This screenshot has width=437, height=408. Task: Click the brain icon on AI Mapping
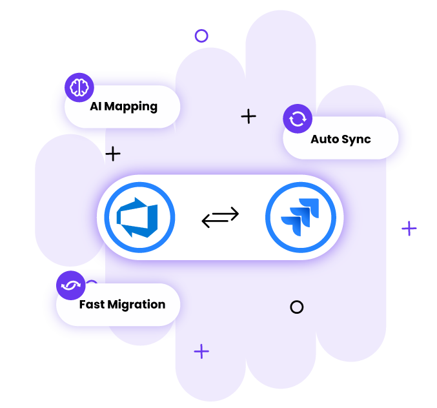[79, 87]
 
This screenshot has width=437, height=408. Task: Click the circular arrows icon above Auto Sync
[298, 119]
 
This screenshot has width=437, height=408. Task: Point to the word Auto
[325, 139]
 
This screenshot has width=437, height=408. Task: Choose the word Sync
[357, 139]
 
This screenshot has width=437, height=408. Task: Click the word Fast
[92, 303]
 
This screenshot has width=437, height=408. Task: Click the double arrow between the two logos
[220, 218]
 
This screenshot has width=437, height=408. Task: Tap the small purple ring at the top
[201, 36]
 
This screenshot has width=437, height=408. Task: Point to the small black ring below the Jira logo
[296, 307]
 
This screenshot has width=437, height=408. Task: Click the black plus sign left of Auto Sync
[249, 116]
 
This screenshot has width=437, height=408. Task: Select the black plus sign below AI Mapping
[113, 154]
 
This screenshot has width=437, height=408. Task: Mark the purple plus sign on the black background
[409, 229]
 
